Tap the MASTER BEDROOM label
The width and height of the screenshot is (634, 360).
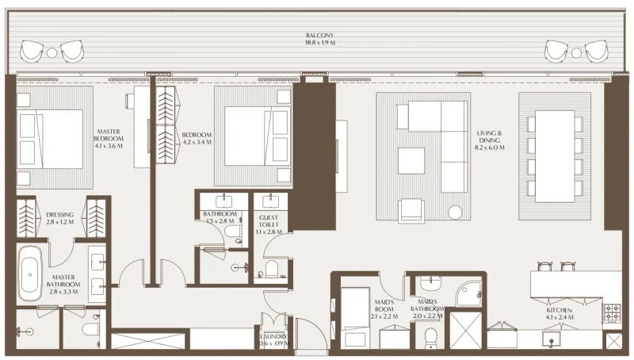pos(109,139)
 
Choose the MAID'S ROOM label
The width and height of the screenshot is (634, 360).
pos(385,308)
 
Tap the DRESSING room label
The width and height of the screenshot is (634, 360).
pos(60,218)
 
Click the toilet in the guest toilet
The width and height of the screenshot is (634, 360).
pos(271,269)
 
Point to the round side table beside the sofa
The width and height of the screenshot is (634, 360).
pos(455,212)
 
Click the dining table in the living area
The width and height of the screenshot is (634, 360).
pos(554,155)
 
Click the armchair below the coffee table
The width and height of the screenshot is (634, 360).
pos(411,209)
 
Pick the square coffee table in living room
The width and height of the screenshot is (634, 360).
pos(411,161)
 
